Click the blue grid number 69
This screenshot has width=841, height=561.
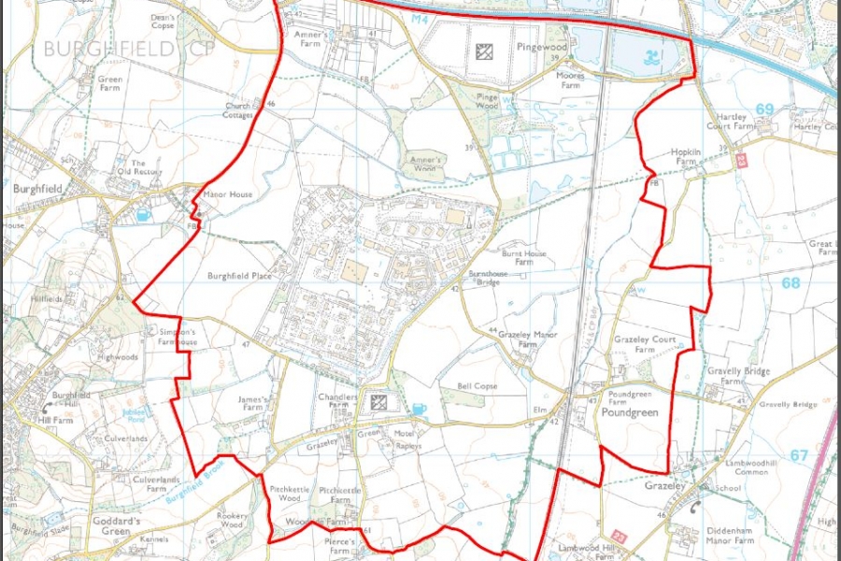click(765, 109)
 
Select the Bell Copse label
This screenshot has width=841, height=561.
click(478, 386)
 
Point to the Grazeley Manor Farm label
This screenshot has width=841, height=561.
click(530, 338)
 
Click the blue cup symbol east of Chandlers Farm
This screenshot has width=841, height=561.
click(419, 408)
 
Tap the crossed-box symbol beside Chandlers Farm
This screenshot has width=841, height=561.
click(379, 403)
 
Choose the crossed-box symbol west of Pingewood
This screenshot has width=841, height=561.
click(484, 51)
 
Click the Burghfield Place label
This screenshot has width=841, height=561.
click(239, 278)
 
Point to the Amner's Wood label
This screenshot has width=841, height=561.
click(424, 165)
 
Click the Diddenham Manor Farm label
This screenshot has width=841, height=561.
click(730, 534)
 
